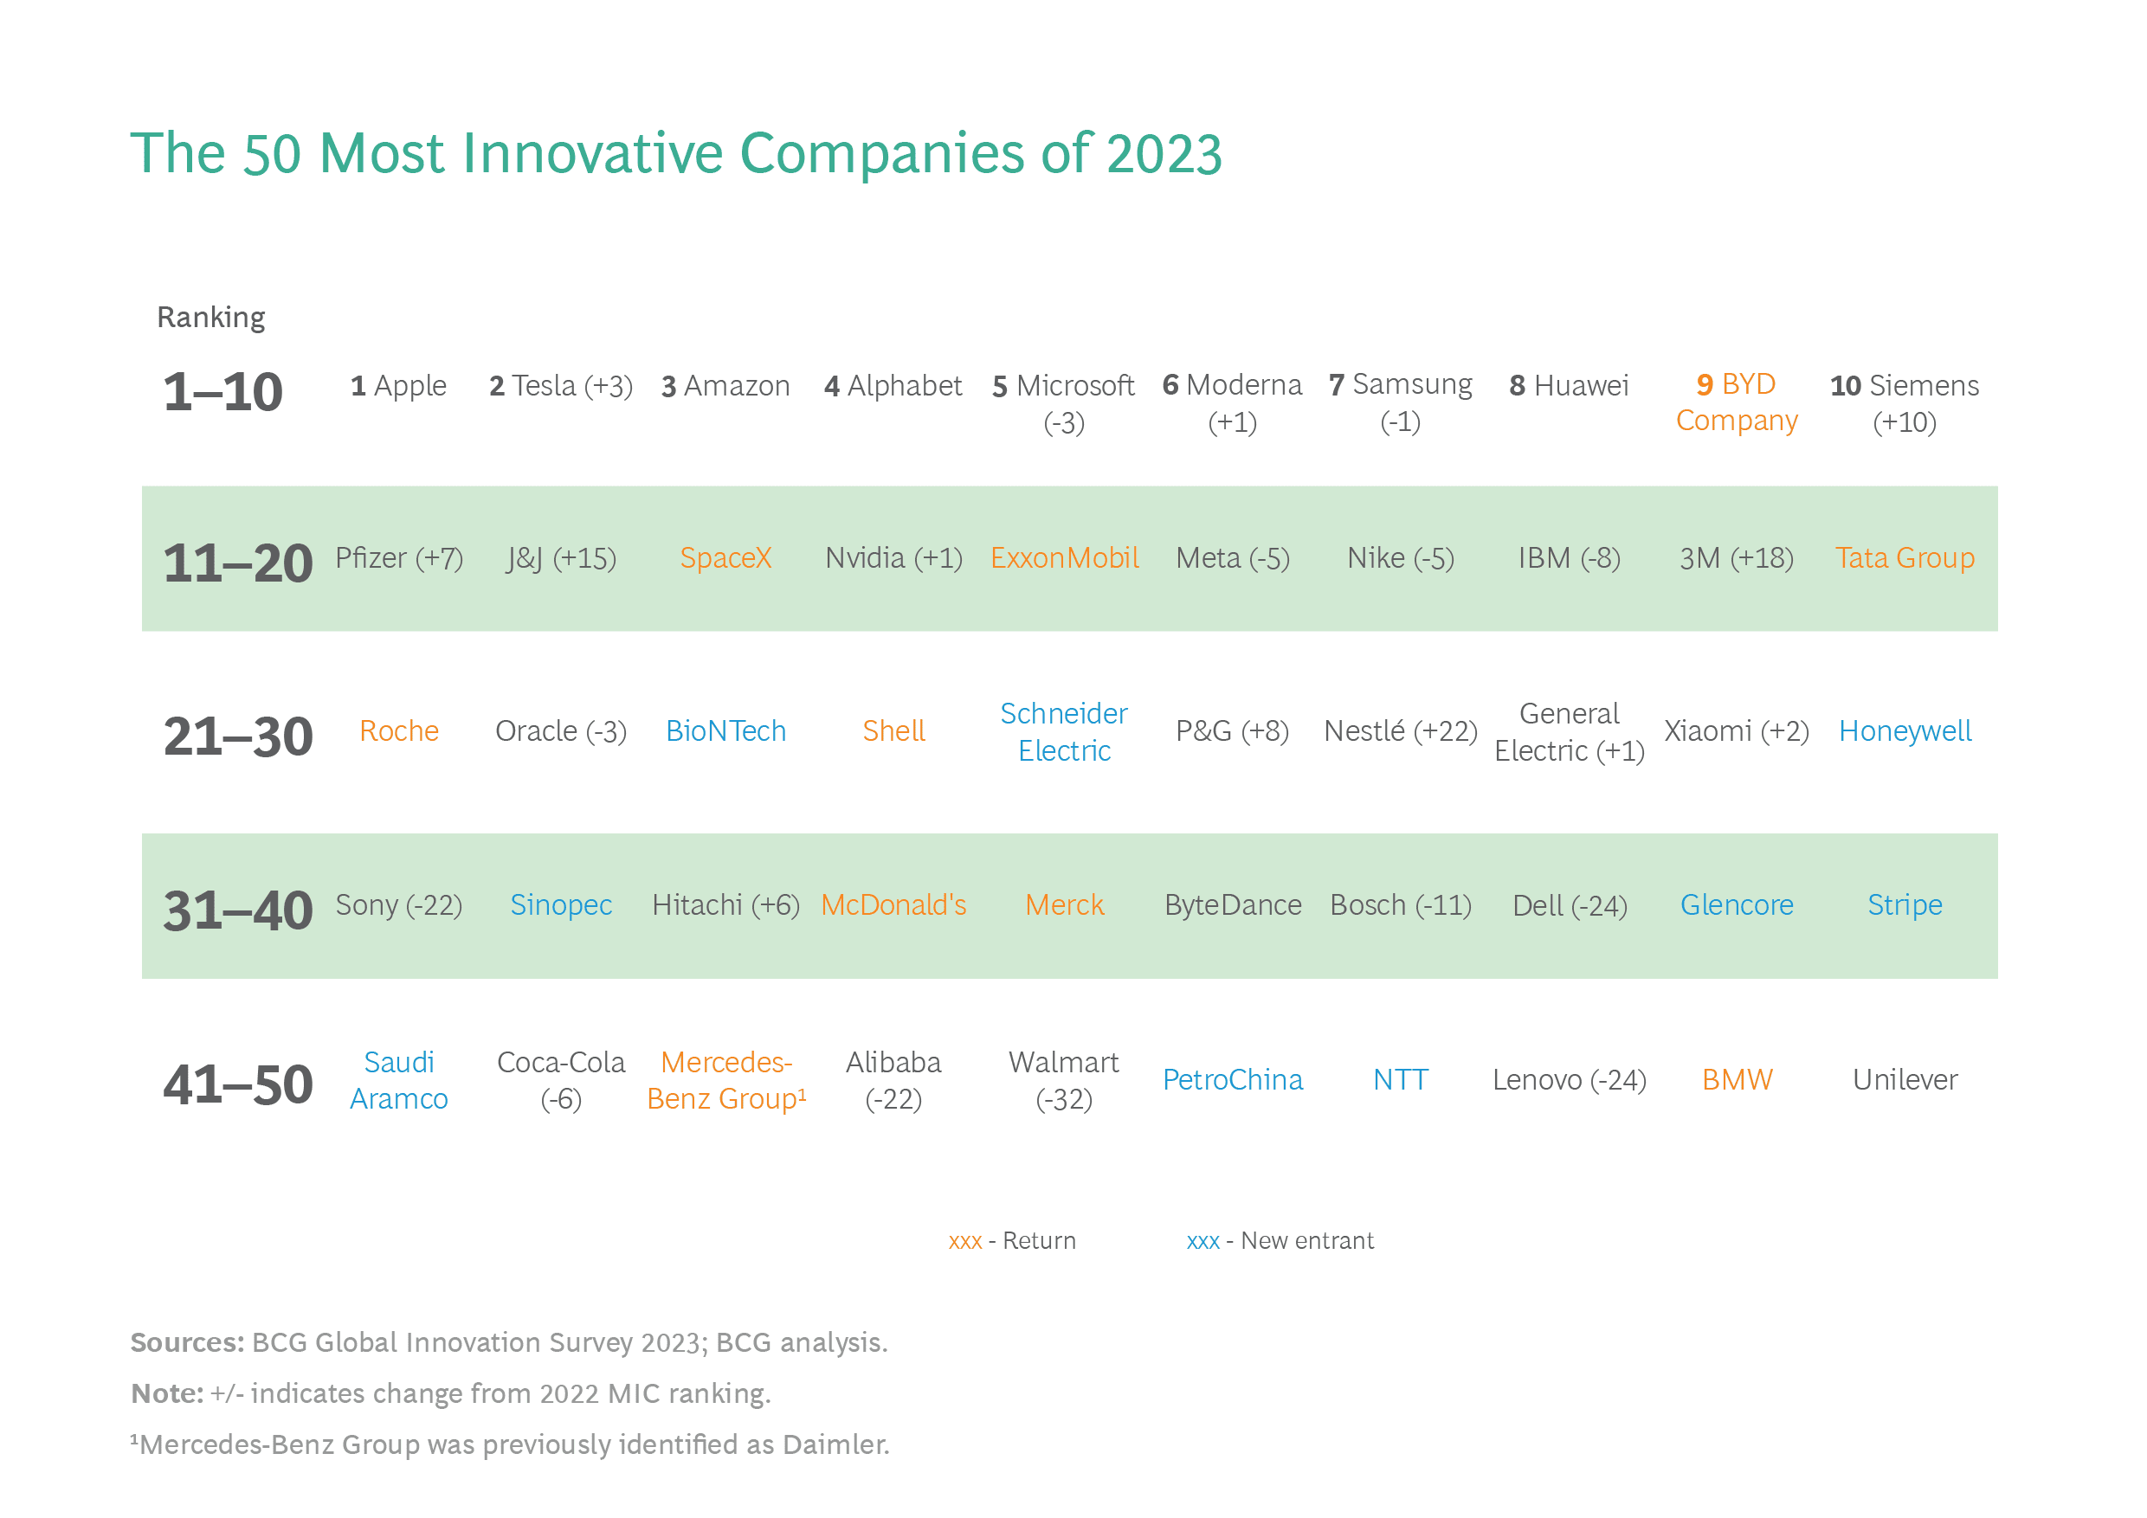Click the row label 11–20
coord(237,563)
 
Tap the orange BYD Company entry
coord(1737,403)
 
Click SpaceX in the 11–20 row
coord(725,558)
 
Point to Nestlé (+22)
coord(1400,731)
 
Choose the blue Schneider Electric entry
coord(1064,732)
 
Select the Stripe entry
coord(1905,904)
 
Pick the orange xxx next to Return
coord(965,1241)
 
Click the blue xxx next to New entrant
coord(1202,1241)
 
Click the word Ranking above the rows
coord(211,318)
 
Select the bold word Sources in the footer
coord(187,1342)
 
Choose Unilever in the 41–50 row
coord(1905,1079)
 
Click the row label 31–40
coord(237,911)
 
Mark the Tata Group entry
coord(1905,558)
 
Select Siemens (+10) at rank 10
coord(1905,403)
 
